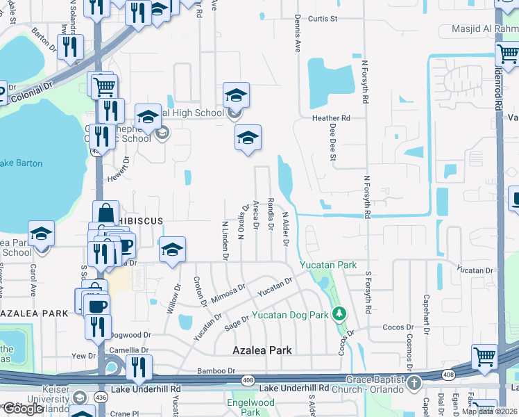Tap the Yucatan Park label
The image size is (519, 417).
327,265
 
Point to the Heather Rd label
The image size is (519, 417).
331,118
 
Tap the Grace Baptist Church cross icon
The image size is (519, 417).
414,382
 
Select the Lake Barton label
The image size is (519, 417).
21,163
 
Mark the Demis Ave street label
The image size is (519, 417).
297,35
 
